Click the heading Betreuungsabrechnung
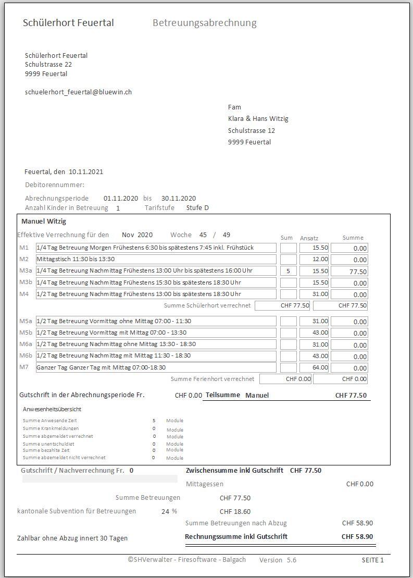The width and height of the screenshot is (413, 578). point(204,23)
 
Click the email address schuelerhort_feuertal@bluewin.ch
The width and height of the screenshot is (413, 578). point(78,92)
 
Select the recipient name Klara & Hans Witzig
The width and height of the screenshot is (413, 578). point(258,119)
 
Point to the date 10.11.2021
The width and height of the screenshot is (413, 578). point(86,172)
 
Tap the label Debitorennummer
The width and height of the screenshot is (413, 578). point(54,185)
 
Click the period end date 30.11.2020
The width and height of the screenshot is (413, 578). point(178,199)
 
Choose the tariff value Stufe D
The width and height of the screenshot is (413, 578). point(197,208)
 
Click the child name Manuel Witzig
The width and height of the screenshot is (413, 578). point(44,222)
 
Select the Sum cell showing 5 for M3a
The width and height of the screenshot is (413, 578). point(288,271)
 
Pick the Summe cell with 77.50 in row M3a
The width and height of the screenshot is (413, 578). point(349,272)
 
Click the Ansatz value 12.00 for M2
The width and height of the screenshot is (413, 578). point(314,260)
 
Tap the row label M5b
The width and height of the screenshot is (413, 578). point(26,333)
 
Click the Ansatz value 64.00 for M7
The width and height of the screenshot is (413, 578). point(314,367)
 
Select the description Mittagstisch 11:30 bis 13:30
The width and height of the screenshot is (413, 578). point(76,259)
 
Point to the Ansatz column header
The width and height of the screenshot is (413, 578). point(309,238)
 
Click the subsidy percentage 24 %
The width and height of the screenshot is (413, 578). point(169,511)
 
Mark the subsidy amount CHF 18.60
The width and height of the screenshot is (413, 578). point(235,512)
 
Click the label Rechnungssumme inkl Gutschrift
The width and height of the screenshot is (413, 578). point(236,536)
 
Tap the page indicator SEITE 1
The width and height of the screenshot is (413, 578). point(372,560)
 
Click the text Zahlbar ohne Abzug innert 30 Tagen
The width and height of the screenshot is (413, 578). point(72,538)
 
